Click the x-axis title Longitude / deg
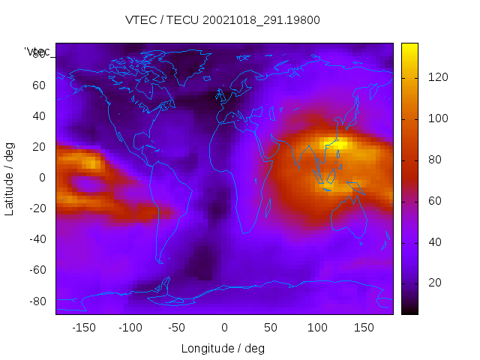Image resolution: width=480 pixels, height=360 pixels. coord(223,348)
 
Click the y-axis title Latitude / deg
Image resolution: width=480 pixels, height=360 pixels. coord(10,178)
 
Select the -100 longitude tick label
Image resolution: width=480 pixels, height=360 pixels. coord(130,327)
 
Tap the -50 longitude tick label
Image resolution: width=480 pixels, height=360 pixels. coord(177,327)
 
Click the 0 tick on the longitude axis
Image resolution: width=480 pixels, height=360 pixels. coord(224,327)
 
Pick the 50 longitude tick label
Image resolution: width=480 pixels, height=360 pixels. coord(271,327)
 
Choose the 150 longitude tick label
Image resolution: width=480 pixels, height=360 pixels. coord(364,327)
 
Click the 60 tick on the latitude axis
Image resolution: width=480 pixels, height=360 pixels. coord(39,85)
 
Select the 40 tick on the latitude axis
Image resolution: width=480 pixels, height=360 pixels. coord(39,116)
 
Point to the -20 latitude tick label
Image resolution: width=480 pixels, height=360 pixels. coord(37,208)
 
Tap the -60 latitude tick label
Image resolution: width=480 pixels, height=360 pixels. coord(37,270)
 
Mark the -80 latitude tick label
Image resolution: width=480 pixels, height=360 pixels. coord(37,301)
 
